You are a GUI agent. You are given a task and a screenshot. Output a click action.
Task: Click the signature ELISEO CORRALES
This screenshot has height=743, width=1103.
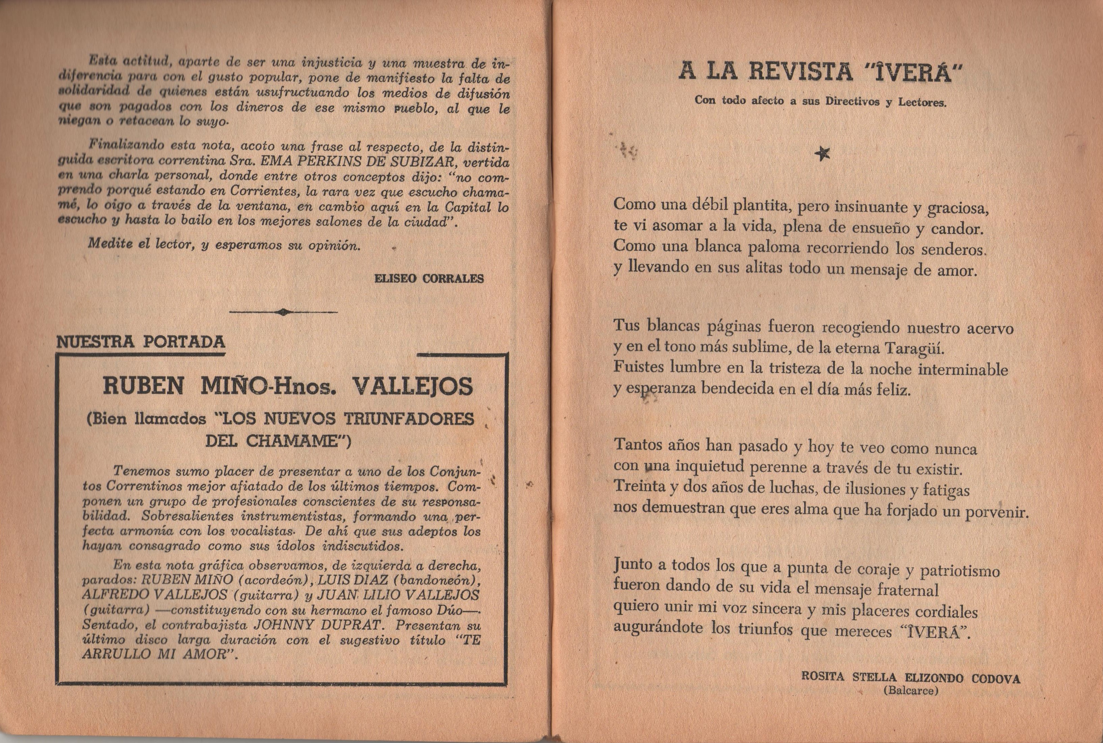[429, 279]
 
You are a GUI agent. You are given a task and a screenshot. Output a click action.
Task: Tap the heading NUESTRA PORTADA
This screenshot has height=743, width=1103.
[141, 342]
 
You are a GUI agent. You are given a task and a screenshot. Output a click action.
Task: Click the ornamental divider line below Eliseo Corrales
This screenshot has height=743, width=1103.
[283, 312]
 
